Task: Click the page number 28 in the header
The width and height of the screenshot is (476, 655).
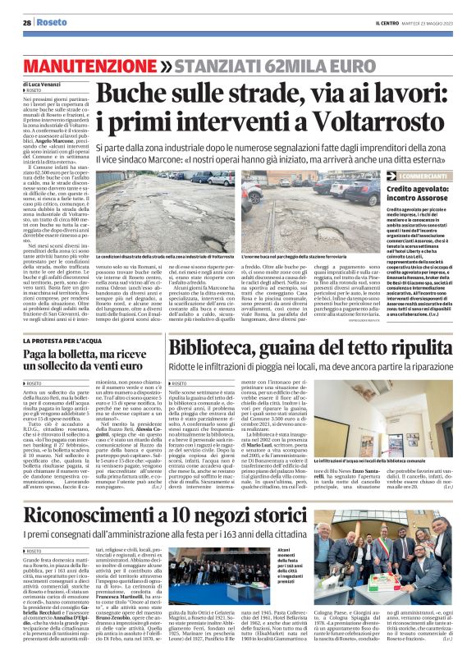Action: point(27,22)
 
